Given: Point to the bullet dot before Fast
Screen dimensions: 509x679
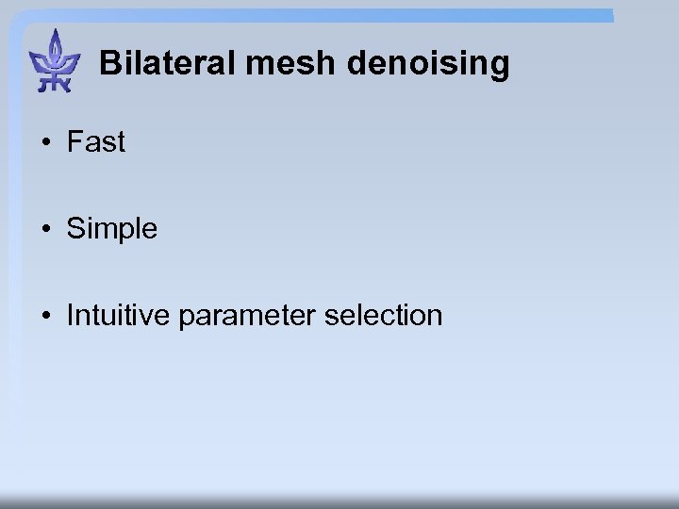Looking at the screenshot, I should pos(45,143).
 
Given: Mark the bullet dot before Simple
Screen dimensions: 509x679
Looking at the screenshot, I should pos(45,229).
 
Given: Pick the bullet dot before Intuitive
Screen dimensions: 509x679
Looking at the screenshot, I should pos(45,316).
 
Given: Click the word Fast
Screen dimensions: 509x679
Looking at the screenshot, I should pos(95,142).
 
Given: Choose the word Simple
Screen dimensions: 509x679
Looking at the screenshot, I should pos(111,229).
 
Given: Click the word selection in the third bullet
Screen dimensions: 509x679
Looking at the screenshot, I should pos(383,315).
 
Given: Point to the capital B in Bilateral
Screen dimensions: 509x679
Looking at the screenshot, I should pos(109,64).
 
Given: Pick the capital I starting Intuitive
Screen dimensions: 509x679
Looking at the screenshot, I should pos(70,315).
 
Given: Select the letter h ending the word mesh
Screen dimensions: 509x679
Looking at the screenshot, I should pos(326,64).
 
